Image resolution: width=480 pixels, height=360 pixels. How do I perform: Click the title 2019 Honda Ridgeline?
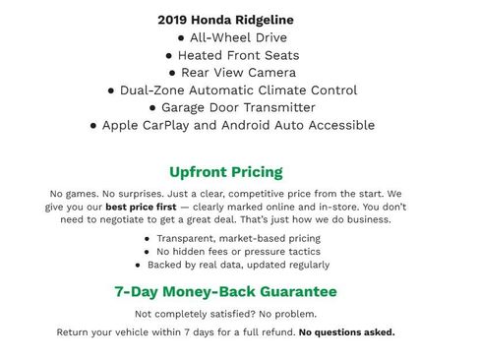[225, 20]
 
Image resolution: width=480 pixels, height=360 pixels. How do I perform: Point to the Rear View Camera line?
[232, 73]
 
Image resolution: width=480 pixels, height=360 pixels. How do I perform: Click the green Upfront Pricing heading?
[225, 172]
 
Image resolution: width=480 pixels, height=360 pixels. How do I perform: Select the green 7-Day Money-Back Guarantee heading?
[225, 292]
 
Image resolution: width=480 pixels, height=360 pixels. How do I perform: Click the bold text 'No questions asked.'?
[346, 332]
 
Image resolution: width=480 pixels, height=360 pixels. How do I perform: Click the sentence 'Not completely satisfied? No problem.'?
[225, 314]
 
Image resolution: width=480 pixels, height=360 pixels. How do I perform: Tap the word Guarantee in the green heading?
[294, 292]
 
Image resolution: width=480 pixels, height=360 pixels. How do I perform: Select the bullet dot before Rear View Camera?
[172, 73]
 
